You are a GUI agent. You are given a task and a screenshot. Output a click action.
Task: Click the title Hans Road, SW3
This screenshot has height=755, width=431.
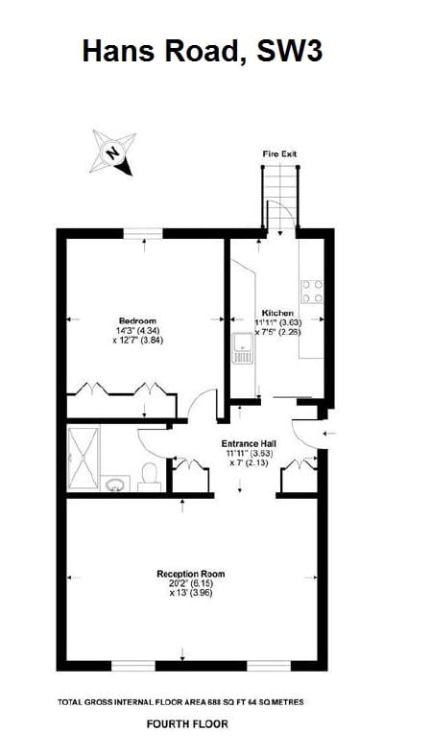click(x=202, y=50)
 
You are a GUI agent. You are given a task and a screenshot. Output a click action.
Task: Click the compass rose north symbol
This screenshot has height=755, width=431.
click(x=113, y=152)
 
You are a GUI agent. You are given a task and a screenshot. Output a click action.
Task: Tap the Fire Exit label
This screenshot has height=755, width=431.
click(x=279, y=153)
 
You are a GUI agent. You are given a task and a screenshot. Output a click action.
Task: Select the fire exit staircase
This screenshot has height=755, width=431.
click(x=280, y=197)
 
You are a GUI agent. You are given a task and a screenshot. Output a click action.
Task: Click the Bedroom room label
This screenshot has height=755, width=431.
click(x=137, y=320)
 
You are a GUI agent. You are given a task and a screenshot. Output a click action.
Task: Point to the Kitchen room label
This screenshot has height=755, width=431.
click(x=277, y=313)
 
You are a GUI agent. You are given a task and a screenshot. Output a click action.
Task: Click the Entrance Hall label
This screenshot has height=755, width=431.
click(x=249, y=443)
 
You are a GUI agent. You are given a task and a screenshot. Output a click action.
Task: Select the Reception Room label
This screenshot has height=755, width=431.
click(x=191, y=574)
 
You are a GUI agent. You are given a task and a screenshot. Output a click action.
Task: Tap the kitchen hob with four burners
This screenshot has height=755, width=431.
click(x=312, y=291)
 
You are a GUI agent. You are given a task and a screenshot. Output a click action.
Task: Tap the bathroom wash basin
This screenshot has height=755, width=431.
click(x=116, y=481)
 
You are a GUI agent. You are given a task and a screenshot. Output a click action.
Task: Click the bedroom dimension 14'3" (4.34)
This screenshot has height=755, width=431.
click(x=136, y=330)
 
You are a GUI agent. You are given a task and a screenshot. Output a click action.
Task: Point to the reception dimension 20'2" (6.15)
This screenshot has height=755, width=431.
click(x=191, y=583)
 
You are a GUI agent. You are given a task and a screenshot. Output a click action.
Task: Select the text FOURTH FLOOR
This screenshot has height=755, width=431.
click(x=187, y=724)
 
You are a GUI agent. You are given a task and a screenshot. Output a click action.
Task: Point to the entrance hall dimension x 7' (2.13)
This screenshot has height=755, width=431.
click(x=249, y=462)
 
